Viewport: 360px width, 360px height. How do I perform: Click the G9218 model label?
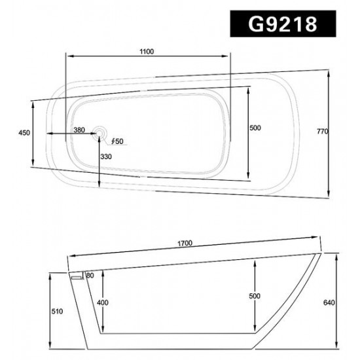pos(283,24)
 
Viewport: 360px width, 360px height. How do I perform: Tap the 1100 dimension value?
pos(147,52)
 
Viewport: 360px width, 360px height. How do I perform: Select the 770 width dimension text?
pos(323,132)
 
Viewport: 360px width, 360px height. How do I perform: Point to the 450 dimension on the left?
pos(24,133)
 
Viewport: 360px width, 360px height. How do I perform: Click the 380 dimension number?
pos(79,130)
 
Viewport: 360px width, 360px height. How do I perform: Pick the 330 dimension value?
pos(106,156)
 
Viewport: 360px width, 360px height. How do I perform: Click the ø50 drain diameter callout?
pos(117,141)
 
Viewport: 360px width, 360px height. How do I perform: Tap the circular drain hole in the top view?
pos(99,133)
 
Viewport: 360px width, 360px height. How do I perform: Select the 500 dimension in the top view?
pos(255,128)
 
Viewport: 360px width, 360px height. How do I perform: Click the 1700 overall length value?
pos(185,243)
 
